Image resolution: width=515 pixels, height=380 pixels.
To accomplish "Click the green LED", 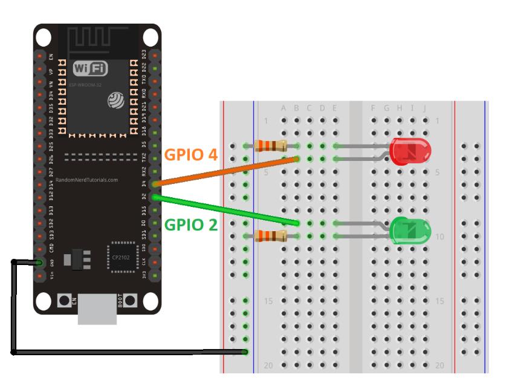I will click(x=410, y=231).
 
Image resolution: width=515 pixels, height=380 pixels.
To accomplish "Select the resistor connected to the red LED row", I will click(x=270, y=145).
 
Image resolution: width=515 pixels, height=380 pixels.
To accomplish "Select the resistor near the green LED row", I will click(x=270, y=235).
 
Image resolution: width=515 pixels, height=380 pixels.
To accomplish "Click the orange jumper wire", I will click(x=226, y=171).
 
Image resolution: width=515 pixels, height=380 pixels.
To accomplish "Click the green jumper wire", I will click(x=226, y=210).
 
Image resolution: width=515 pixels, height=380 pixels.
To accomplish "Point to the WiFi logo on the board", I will click(x=91, y=68).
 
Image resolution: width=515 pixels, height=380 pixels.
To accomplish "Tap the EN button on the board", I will click(x=64, y=301).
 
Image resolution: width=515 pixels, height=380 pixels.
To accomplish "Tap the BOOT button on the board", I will click(x=130, y=301).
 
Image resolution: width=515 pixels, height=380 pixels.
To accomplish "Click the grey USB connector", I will click(x=97, y=308).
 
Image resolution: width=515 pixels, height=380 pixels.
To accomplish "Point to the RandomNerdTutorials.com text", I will click(x=87, y=180).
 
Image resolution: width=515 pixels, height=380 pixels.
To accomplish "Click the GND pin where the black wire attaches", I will click(x=39, y=263).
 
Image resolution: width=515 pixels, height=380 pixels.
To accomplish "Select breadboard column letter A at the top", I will click(x=284, y=108).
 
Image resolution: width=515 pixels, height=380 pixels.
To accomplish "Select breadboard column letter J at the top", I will click(x=425, y=108).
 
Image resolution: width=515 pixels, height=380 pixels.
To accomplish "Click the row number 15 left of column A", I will click(x=270, y=301).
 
